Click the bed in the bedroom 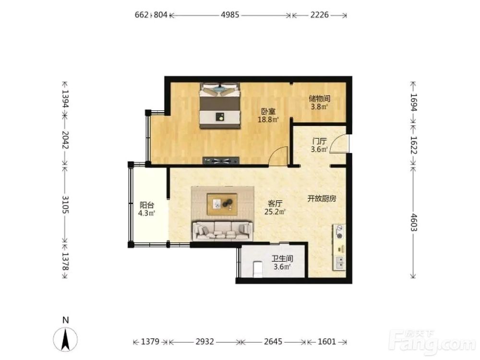(x=219, y=105)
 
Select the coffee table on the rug (x=222, y=204)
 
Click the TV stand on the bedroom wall (x=221, y=160)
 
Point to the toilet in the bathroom (x=258, y=269)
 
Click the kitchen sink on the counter (x=339, y=263)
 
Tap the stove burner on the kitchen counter (x=339, y=231)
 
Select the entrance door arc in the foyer (x=337, y=142)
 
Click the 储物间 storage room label (x=319, y=98)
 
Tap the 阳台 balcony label (x=146, y=205)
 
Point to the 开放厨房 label (x=322, y=199)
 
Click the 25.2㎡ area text (x=275, y=212)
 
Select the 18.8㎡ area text (x=268, y=120)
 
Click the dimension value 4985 (x=230, y=15)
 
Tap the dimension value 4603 (x=413, y=222)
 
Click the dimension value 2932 (x=205, y=341)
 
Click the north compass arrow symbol (x=65, y=339)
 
